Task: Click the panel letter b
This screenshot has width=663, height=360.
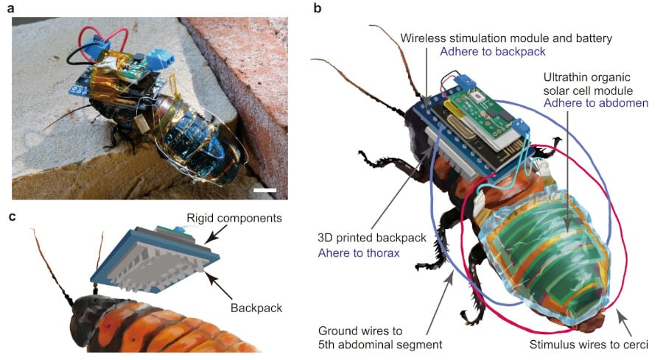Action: click(x=318, y=8)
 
